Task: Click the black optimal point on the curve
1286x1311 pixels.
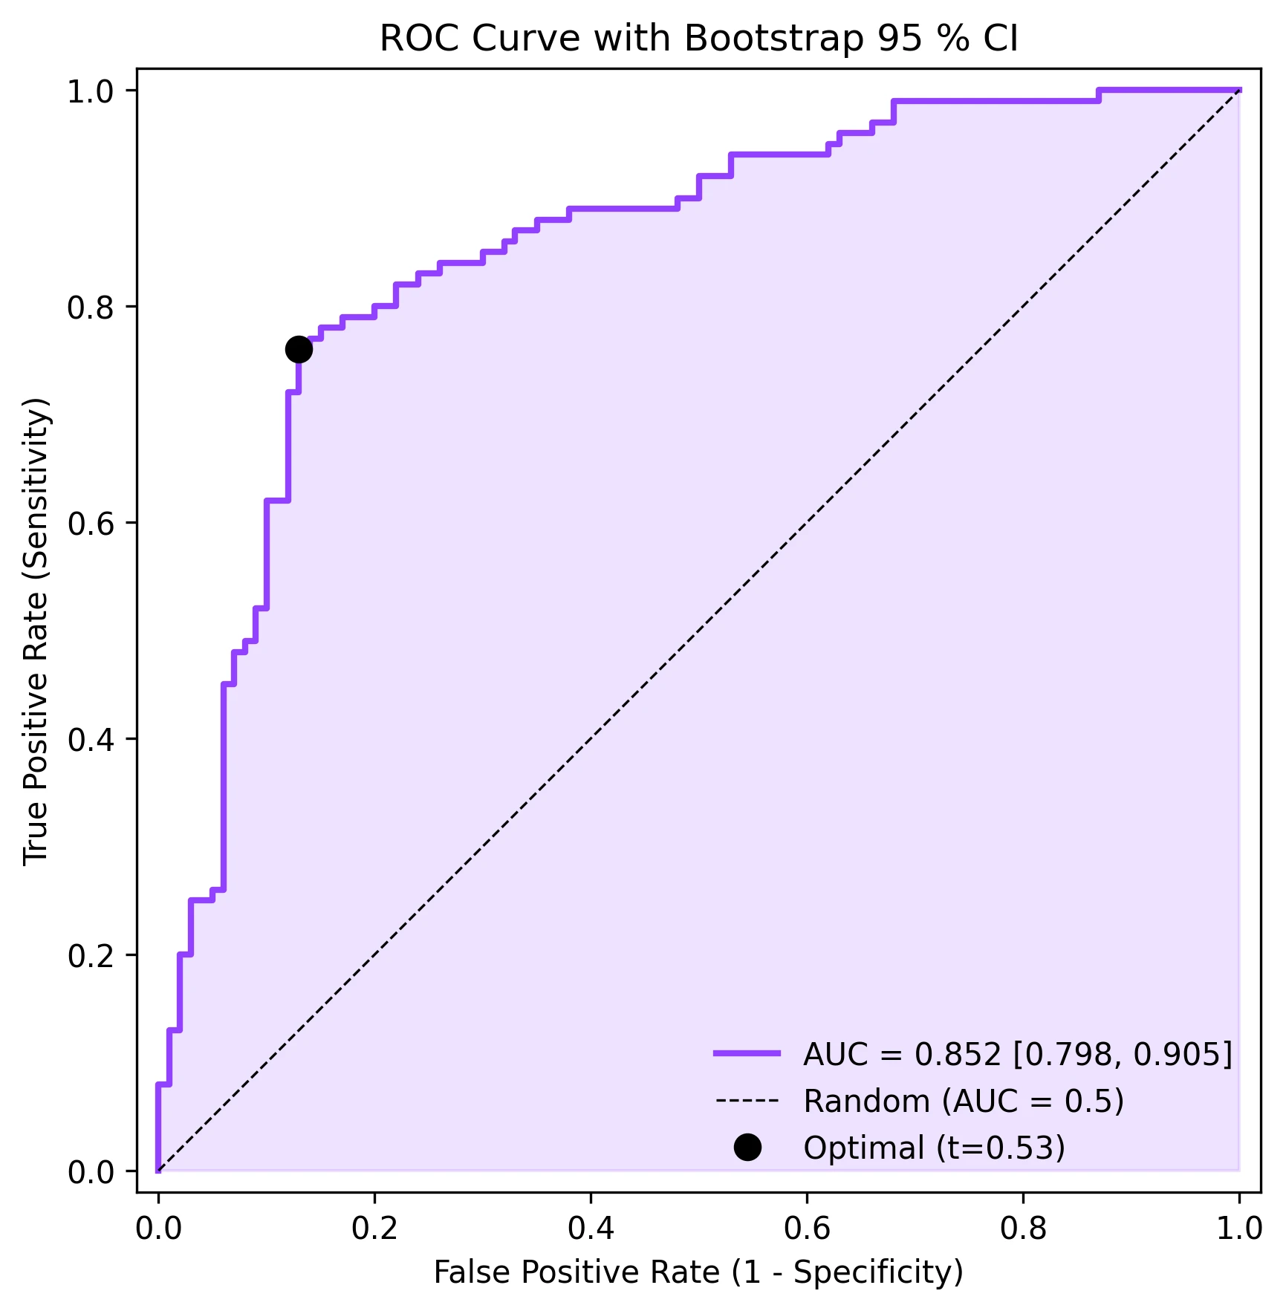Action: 299,349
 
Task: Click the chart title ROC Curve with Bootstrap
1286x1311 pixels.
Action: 698,39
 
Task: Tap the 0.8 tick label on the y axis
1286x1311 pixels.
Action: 91,307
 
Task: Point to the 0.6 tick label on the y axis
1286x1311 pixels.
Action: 91,523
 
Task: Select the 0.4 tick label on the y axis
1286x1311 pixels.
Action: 91,739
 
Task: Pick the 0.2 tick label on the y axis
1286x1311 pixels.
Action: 91,955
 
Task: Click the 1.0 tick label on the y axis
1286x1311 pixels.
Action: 91,91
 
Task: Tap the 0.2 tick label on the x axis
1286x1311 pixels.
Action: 374,1229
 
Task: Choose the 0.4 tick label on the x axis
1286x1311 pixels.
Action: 591,1229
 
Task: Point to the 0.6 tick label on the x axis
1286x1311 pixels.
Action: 807,1229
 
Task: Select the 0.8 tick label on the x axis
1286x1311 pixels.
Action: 1023,1229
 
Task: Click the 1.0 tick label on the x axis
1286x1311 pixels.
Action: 1238,1229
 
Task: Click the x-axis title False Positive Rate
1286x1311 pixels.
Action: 698,1272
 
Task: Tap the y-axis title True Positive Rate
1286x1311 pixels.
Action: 36,631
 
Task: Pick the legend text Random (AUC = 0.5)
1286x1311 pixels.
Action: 964,1101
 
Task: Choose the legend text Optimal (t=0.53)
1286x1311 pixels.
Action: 934,1148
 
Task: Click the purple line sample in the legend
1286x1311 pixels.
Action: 747,1053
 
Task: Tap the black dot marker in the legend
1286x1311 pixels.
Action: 747,1147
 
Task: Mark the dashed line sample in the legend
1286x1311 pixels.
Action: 747,1100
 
